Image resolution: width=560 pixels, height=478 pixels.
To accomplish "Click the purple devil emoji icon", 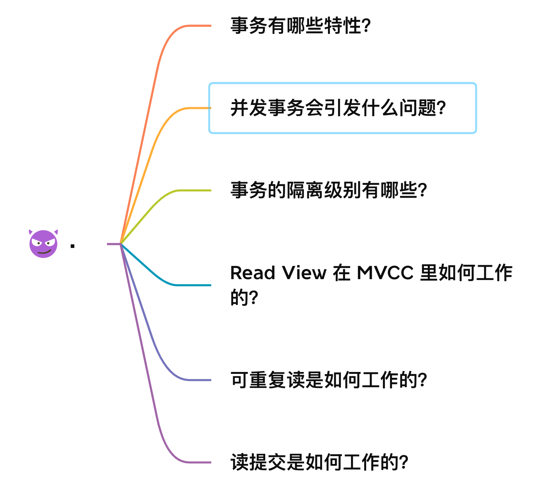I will point(43,244).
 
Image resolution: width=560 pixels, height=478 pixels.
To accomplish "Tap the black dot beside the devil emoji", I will point(73,246).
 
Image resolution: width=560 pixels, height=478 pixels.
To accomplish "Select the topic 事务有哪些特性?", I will point(300,26).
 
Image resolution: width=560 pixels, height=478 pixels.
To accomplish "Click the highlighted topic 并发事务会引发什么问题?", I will point(338,108).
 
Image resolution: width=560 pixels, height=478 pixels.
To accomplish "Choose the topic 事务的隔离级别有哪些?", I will point(328,191).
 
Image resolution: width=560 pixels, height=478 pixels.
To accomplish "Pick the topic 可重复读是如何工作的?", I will point(328,380).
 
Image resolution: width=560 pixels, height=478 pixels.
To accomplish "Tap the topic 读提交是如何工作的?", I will point(319,462).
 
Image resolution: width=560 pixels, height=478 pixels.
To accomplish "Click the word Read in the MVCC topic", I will point(253,273).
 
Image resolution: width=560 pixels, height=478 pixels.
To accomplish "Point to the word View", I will point(304,273).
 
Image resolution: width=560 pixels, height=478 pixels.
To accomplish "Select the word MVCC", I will point(385,273).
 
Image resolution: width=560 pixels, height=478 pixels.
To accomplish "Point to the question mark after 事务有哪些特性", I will point(366,26).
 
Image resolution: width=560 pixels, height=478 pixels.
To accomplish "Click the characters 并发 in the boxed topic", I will point(249,108).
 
